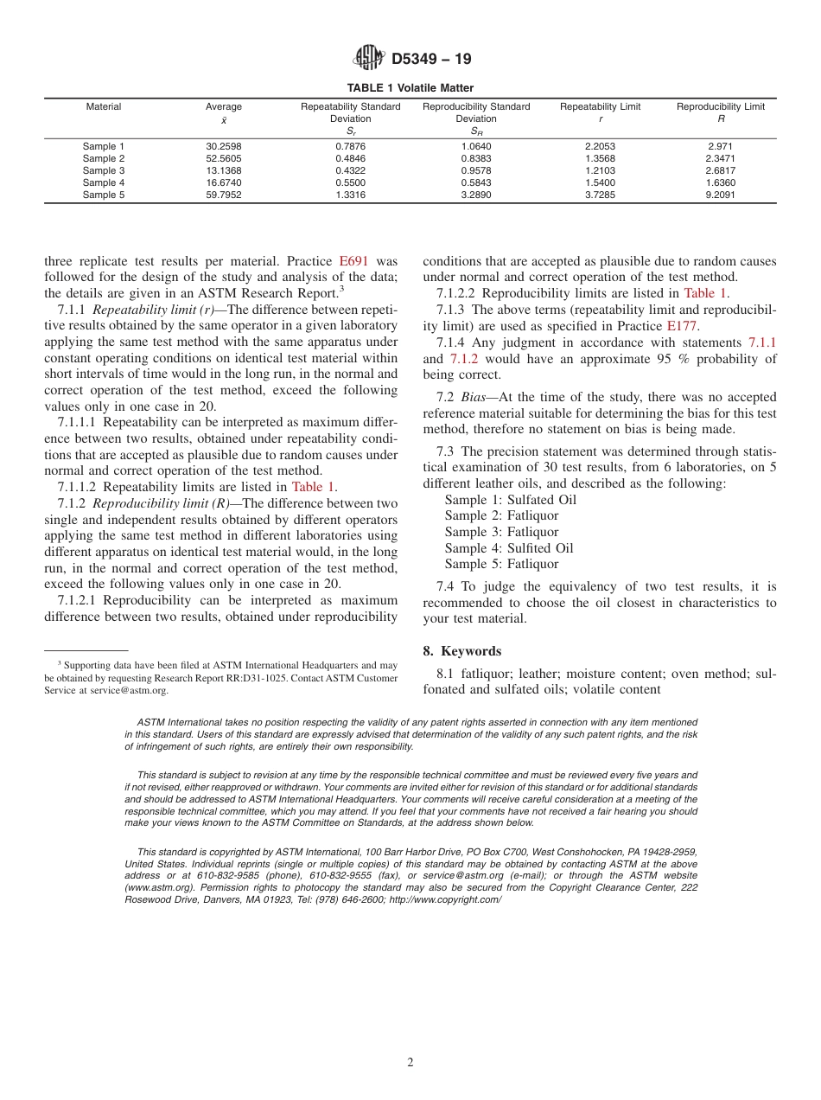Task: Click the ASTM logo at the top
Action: [369, 59]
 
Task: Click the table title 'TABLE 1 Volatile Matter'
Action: [410, 88]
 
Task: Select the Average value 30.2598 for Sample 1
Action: [224, 146]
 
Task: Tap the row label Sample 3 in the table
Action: [104, 170]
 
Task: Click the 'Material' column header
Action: [104, 107]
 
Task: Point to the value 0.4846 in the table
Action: [350, 158]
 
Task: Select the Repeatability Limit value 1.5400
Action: [600, 183]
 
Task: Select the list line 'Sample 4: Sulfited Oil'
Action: [508, 548]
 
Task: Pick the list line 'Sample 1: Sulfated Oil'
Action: [510, 500]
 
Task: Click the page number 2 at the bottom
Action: [410, 1063]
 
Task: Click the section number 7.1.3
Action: [452, 310]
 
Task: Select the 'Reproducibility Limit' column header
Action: [720, 107]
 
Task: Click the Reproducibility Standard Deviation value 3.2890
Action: [476, 195]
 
